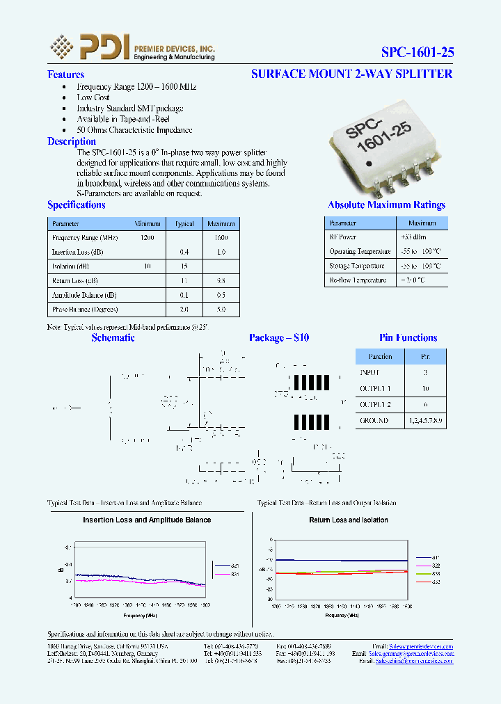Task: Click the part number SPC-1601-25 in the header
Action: click(417, 52)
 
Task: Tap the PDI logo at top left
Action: click(89, 47)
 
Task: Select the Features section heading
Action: click(65, 74)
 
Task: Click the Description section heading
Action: click(71, 141)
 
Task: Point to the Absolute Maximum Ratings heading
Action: click(386, 205)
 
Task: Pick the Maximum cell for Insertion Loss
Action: click(221, 252)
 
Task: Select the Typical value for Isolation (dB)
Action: click(184, 266)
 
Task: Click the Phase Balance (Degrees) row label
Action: click(85, 309)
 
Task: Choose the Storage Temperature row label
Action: click(356, 266)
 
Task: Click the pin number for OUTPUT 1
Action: click(425, 388)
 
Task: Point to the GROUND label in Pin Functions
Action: click(374, 420)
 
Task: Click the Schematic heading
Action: click(113, 338)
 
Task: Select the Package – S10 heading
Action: click(278, 338)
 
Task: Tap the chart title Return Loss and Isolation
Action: click(349, 520)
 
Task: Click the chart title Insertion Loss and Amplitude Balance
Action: click(147, 520)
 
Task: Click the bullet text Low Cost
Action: click(93, 98)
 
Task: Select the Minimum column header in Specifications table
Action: click(148, 224)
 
